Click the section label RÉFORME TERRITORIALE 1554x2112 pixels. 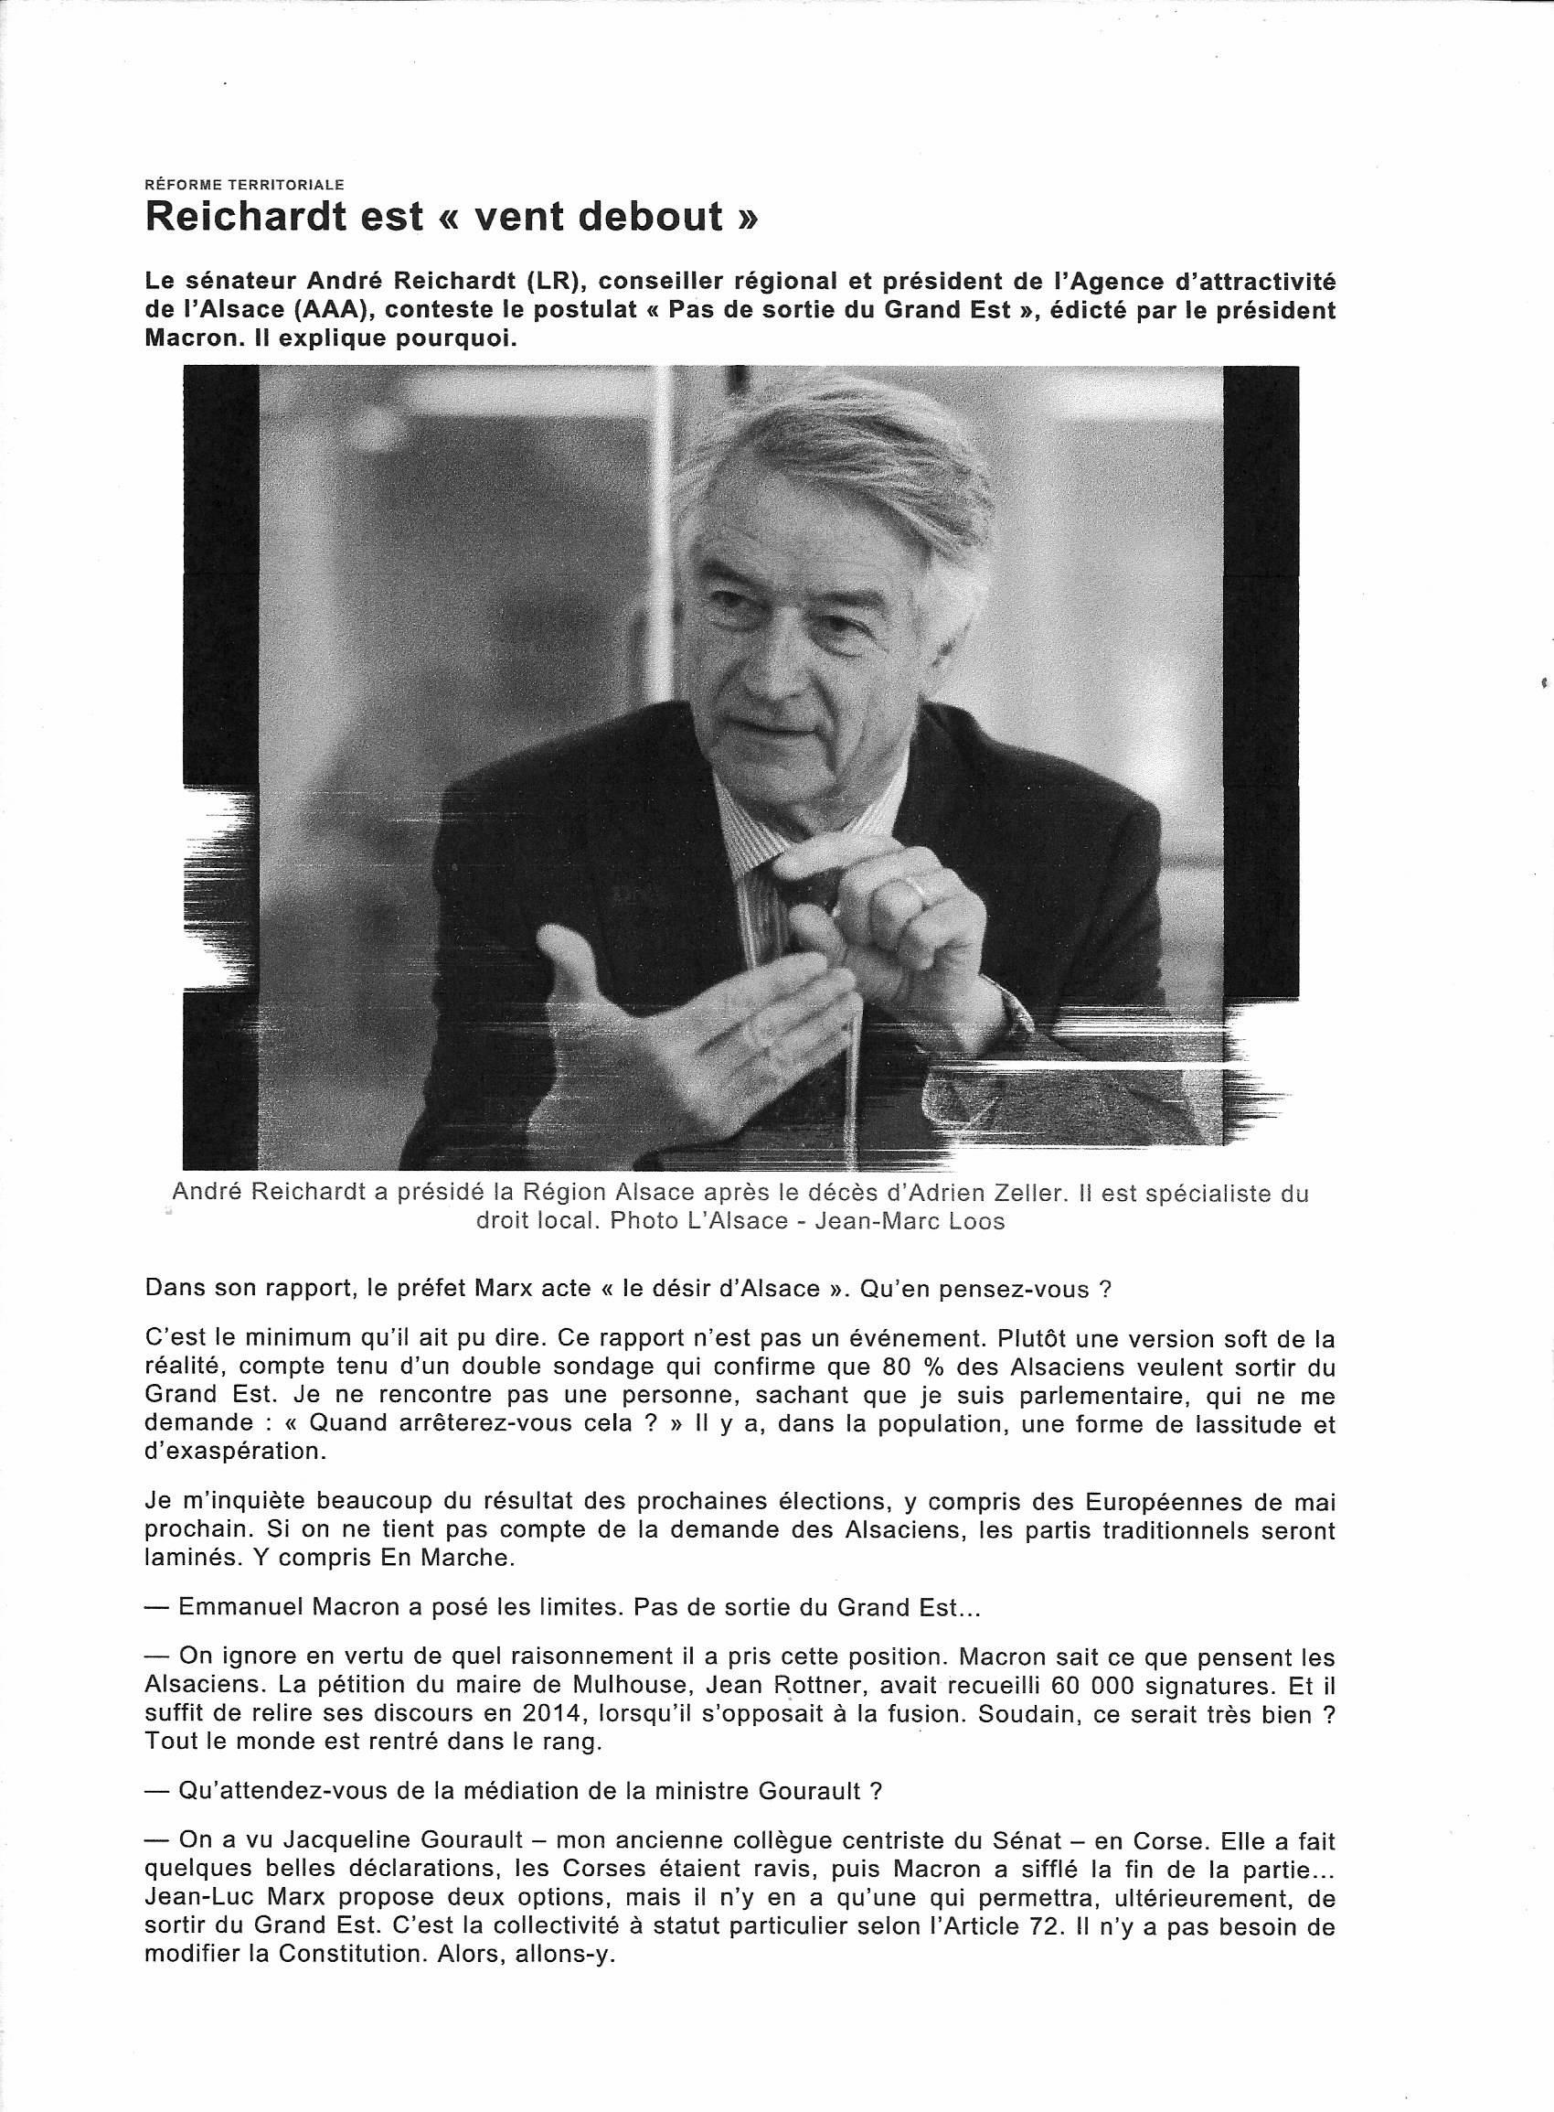pyautogui.click(x=245, y=186)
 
